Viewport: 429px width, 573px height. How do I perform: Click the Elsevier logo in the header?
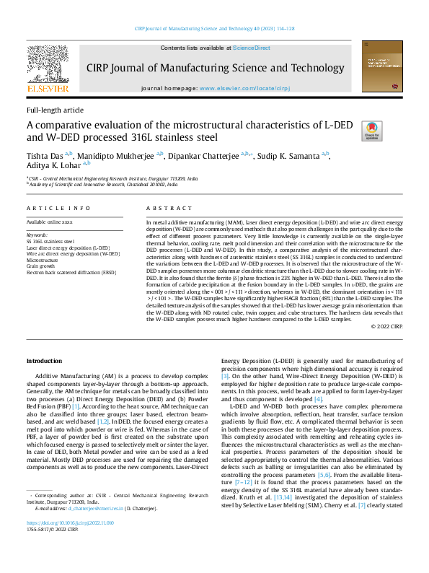(48, 70)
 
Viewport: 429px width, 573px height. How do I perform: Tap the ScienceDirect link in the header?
(251, 48)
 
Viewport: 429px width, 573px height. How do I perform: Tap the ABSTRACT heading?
(165, 208)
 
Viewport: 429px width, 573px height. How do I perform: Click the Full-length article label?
(55, 110)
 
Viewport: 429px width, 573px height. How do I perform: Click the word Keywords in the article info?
(37, 235)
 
